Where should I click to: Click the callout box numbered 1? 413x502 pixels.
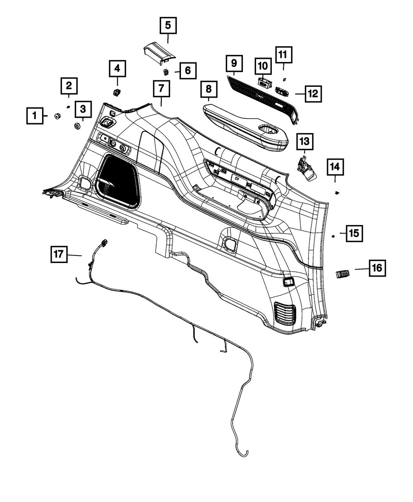[x=35, y=115]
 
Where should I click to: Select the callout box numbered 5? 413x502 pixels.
[x=168, y=26]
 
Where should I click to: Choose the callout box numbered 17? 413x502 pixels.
[x=59, y=254]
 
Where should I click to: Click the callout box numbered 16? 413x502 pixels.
[x=376, y=268]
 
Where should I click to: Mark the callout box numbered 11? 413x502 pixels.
[x=283, y=55]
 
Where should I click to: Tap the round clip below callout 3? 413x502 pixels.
[x=77, y=125]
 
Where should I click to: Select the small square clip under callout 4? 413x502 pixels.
[x=117, y=91]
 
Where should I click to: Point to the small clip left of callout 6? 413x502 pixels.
[x=166, y=72]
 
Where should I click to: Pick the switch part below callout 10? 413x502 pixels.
[x=263, y=81]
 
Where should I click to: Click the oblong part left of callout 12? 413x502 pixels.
[x=283, y=91]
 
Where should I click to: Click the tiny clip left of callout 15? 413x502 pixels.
[x=332, y=236]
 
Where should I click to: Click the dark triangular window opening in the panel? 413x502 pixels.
[x=117, y=179]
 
